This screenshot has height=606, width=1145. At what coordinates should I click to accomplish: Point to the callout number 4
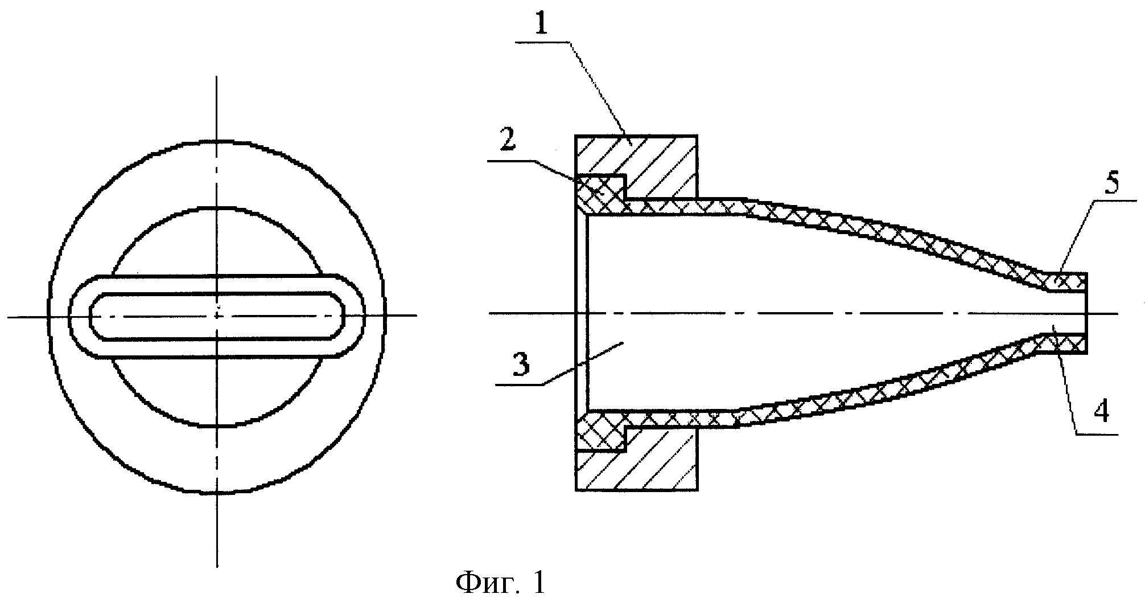point(1101,411)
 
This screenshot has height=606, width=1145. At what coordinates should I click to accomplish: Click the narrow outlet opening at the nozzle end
point(1070,313)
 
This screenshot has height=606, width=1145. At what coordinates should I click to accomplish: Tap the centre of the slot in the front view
point(217,316)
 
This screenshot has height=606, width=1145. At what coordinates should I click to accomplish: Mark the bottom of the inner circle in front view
point(217,425)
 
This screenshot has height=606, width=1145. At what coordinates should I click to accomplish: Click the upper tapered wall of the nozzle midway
point(888,231)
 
